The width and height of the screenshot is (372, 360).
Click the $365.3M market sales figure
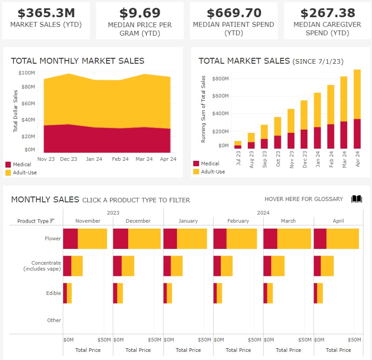tap(46, 13)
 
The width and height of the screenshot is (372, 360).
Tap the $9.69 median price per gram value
tap(139, 13)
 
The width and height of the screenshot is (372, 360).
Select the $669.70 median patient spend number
tap(233, 13)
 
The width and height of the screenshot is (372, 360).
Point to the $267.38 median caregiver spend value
tap(327, 13)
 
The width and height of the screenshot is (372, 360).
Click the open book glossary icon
tap(357, 199)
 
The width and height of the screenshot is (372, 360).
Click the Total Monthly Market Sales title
tap(78, 61)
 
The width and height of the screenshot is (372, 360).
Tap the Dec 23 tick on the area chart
tap(69, 159)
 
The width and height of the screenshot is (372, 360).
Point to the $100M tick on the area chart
tap(27, 73)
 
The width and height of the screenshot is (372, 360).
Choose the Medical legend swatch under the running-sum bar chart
tap(196, 164)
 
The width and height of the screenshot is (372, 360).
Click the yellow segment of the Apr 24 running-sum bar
tap(357, 94)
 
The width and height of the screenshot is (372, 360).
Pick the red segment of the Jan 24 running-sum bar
tap(317, 138)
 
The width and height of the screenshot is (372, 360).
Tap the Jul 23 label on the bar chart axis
tap(237, 158)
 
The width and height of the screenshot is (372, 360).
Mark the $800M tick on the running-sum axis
tap(221, 79)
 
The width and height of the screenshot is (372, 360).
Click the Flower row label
tap(53, 238)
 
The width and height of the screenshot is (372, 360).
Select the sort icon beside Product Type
tap(52, 221)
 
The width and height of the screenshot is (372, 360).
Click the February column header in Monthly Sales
tap(238, 221)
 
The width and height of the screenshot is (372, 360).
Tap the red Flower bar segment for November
tap(70, 238)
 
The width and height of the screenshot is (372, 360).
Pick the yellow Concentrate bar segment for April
tap(327, 266)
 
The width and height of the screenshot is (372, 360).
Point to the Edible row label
tap(53, 293)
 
